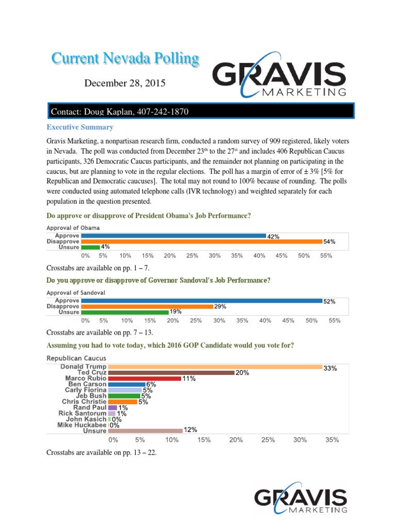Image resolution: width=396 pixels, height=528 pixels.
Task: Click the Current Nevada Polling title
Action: click(x=125, y=59)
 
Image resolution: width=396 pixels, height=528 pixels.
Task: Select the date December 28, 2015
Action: click(x=125, y=82)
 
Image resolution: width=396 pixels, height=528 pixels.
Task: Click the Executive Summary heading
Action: click(x=80, y=127)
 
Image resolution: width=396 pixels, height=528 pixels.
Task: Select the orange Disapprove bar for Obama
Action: click(x=202, y=241)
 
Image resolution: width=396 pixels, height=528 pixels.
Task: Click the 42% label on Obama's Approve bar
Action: click(x=273, y=236)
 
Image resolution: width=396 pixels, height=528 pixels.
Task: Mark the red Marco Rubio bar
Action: click(x=144, y=378)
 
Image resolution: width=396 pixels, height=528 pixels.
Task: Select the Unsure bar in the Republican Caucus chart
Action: click(x=145, y=430)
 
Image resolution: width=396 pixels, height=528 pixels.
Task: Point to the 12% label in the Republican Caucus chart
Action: click(x=190, y=430)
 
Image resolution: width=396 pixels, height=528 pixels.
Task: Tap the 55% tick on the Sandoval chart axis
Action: click(x=335, y=320)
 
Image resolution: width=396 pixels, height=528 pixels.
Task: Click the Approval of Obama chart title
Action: click(x=73, y=227)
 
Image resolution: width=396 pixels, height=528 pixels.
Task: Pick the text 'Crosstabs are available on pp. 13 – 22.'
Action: click(x=101, y=452)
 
